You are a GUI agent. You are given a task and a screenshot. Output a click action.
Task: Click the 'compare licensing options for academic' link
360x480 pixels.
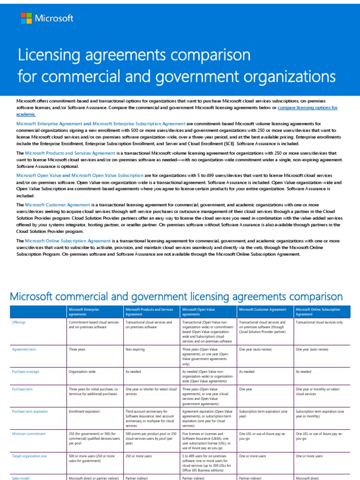click(307, 108)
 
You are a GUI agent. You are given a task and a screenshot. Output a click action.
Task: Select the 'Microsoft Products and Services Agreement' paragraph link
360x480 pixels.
click(70, 153)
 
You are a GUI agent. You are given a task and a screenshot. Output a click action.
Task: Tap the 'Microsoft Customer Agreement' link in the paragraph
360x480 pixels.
click(58, 205)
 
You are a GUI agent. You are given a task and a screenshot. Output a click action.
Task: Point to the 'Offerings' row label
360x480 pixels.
click(19, 322)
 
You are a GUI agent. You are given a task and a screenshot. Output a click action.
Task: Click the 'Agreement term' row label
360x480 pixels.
click(24, 350)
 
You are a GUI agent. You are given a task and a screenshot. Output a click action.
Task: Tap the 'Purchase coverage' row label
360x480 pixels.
click(25, 372)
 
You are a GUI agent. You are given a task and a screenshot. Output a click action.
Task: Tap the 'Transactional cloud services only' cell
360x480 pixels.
click(319, 322)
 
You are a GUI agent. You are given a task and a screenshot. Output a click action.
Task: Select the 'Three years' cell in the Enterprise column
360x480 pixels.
click(77, 350)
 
